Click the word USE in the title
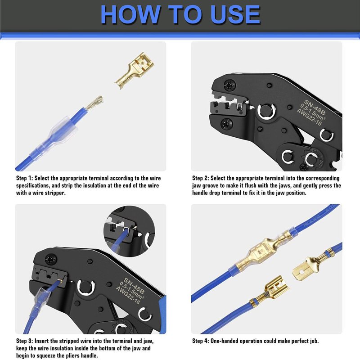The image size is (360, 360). click(x=235, y=14)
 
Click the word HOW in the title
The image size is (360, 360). click(x=130, y=14)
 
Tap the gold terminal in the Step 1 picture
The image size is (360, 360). click(x=134, y=71)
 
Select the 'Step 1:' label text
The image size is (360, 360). click(x=25, y=178)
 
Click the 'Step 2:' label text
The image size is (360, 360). click(x=201, y=178)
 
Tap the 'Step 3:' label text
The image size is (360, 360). click(x=25, y=341)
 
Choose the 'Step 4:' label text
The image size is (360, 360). click(x=201, y=341)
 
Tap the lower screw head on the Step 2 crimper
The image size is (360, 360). click(x=226, y=124)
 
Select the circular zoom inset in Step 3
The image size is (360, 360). click(x=129, y=231)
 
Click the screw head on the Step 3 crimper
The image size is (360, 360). click(x=51, y=260)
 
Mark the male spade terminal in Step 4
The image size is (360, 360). click(x=310, y=267)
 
